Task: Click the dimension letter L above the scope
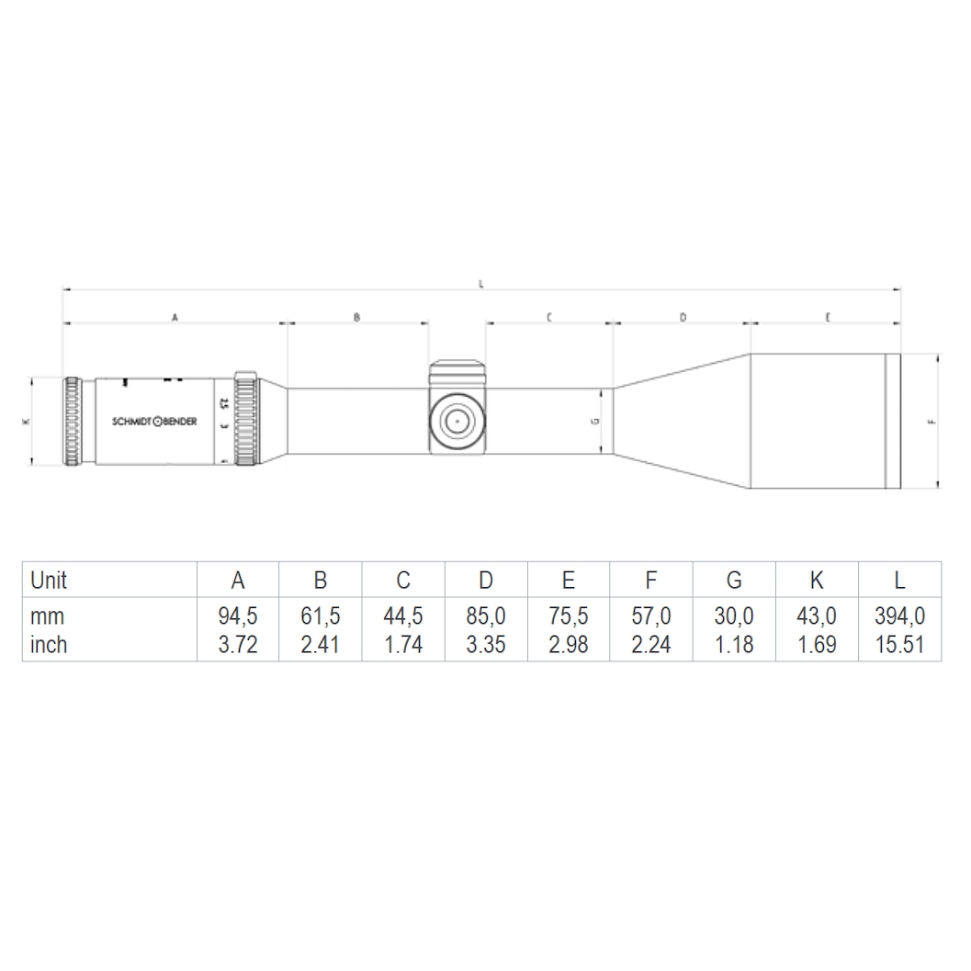481,284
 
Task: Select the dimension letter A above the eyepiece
175,317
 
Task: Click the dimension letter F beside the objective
931,422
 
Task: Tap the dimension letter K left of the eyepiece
25,422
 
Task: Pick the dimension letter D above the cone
683,317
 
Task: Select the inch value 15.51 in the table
898,645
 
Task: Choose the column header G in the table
734,581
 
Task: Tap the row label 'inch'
49,645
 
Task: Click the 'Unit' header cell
49,581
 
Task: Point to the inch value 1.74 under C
403,645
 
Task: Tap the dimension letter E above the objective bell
828,317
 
